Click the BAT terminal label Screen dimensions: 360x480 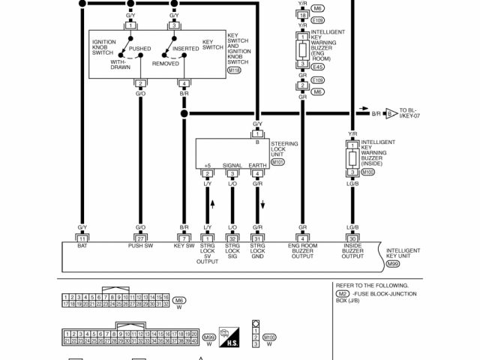click(x=82, y=245)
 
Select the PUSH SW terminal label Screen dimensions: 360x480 click(x=140, y=245)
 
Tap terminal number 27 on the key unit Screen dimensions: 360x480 click(x=140, y=238)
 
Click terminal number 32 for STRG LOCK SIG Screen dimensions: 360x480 click(x=232, y=238)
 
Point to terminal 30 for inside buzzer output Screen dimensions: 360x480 click(x=352, y=238)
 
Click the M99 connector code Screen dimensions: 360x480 click(x=393, y=264)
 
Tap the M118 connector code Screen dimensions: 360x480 click(x=235, y=70)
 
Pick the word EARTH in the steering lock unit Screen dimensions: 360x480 click(x=257, y=165)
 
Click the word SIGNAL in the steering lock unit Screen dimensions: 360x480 click(x=232, y=165)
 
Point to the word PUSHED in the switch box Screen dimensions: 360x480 click(x=139, y=49)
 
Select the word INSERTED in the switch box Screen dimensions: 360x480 click(x=185, y=49)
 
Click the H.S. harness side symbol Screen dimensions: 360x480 click(x=228, y=337)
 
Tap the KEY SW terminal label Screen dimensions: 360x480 click(x=184, y=245)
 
